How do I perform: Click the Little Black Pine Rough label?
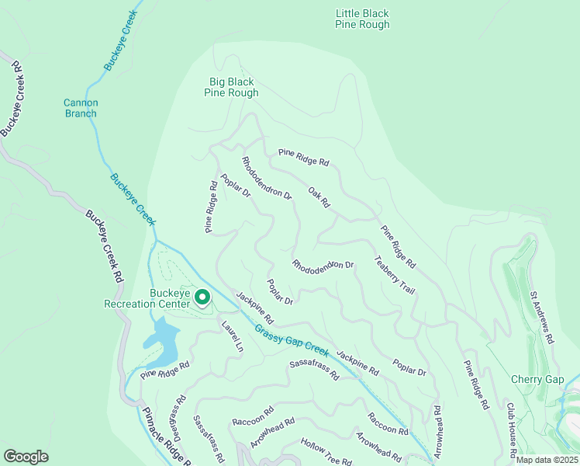tap(362, 19)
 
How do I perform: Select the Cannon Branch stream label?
tap(80, 108)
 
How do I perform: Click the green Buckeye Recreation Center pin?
tap(202, 297)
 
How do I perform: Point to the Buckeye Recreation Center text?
tap(147, 298)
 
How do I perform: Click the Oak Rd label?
tap(319, 197)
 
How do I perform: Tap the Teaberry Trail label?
tap(395, 274)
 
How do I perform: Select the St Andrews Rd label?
tap(542, 317)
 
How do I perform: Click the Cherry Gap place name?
tap(537, 379)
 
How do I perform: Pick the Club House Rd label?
tap(513, 424)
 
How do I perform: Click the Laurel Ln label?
tap(233, 337)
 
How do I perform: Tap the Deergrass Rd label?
tap(179, 416)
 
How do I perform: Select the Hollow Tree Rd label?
tap(326, 451)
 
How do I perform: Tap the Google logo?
tap(26, 457)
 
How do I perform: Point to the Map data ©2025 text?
tap(546, 460)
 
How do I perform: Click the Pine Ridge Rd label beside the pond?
tap(165, 370)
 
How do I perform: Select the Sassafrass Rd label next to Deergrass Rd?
tap(208, 436)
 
